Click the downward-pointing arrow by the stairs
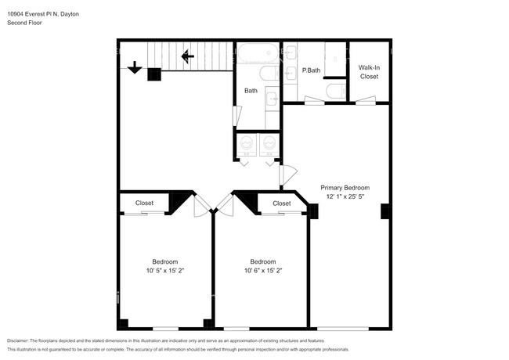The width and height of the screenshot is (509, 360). [134, 68]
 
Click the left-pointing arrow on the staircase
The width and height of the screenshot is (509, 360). [188, 56]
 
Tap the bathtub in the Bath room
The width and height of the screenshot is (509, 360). [258, 54]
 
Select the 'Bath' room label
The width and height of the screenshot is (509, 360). [251, 91]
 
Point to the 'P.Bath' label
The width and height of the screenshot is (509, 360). [312, 71]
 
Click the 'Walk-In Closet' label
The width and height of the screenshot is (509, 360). [369, 73]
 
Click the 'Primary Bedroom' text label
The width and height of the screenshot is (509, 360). [345, 188]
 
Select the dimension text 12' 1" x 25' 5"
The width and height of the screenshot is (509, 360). [345, 197]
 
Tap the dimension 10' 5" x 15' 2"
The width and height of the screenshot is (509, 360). [164, 271]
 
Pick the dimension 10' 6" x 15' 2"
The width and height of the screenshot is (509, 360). [262, 271]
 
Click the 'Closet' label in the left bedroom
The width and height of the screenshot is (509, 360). [144, 203]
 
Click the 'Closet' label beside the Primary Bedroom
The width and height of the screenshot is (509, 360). [282, 203]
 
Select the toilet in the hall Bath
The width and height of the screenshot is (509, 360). [268, 74]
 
